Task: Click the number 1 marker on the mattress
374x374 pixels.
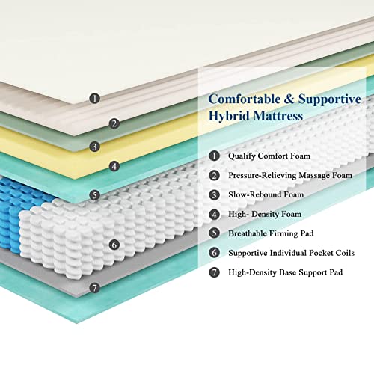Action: point(95,98)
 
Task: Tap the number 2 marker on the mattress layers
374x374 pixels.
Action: point(114,123)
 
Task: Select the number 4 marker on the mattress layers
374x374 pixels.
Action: point(114,166)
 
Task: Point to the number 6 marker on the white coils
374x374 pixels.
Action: point(114,245)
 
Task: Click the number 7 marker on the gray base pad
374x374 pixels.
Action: point(95,288)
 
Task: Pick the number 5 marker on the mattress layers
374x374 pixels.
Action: point(95,194)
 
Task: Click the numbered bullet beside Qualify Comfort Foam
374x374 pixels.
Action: point(214,156)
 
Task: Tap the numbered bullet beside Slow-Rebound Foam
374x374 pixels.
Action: point(214,194)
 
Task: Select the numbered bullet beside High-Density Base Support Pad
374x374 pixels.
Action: point(214,272)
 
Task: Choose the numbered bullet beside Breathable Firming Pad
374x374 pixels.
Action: point(214,233)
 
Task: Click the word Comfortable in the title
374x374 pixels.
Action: point(245,99)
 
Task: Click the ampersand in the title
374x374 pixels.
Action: point(289,99)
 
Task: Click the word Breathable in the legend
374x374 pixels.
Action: point(248,233)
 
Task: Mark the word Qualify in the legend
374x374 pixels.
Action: point(242,156)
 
